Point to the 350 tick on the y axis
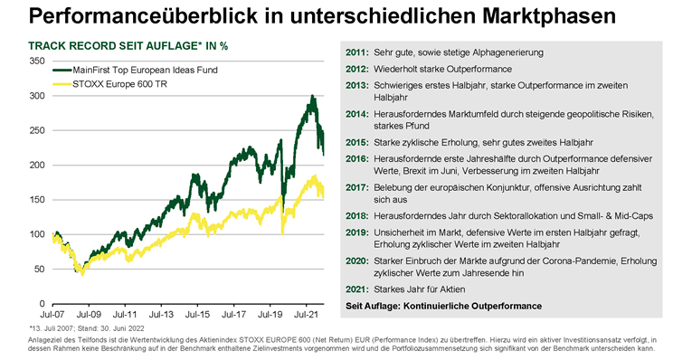36,61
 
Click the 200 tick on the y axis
36,165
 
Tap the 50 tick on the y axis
39,269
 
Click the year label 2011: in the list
356,52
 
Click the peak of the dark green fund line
312,96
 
